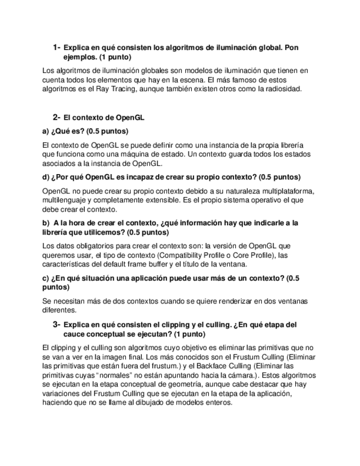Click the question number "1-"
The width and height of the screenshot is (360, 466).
coord(57,47)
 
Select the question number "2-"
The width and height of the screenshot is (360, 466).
coord(57,117)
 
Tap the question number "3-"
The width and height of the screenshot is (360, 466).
coord(57,324)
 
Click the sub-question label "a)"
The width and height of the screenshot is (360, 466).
coord(46,131)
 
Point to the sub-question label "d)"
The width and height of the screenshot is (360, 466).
coord(46,177)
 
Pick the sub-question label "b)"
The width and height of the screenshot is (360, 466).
coord(46,223)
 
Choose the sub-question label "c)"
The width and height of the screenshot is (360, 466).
coord(46,278)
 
